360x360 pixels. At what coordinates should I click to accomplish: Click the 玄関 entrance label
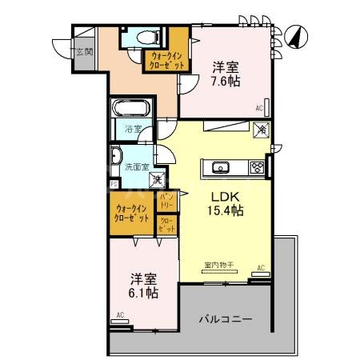tap(83, 52)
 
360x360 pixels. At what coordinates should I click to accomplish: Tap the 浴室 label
tap(133, 128)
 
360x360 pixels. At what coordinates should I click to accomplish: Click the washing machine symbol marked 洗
tap(158, 181)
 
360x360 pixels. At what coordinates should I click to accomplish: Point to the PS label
tap(114, 184)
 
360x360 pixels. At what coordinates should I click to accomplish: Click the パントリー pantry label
tap(167, 199)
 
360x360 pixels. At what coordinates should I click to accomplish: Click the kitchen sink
tap(222, 167)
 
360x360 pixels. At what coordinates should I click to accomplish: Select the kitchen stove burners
tap(257, 167)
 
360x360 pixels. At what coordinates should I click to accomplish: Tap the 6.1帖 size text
tap(145, 293)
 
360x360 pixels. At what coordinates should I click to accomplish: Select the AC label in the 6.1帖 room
tap(119, 316)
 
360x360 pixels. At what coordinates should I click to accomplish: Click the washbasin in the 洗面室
tap(117, 157)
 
